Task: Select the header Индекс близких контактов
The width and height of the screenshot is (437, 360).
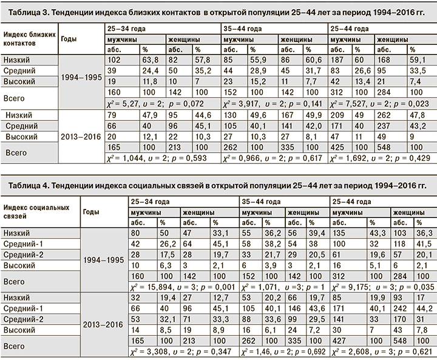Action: pyautogui.click(x=27, y=39)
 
